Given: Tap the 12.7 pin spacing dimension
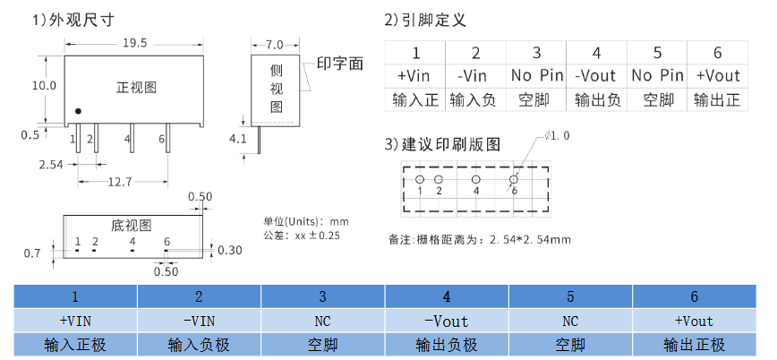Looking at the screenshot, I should (x=119, y=182).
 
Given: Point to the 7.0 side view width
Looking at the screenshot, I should (x=274, y=44).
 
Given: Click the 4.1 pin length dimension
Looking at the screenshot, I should (x=237, y=139).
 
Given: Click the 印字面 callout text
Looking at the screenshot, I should (x=340, y=64).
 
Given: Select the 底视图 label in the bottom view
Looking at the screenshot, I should (x=131, y=225).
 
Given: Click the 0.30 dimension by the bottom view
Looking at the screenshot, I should (x=230, y=250).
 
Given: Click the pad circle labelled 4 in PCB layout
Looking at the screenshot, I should (x=475, y=179).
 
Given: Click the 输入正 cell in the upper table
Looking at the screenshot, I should (x=415, y=99).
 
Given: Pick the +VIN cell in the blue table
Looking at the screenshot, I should (x=75, y=321).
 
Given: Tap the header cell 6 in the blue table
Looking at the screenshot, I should (x=694, y=296).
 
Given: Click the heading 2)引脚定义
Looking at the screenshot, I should (x=425, y=20).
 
